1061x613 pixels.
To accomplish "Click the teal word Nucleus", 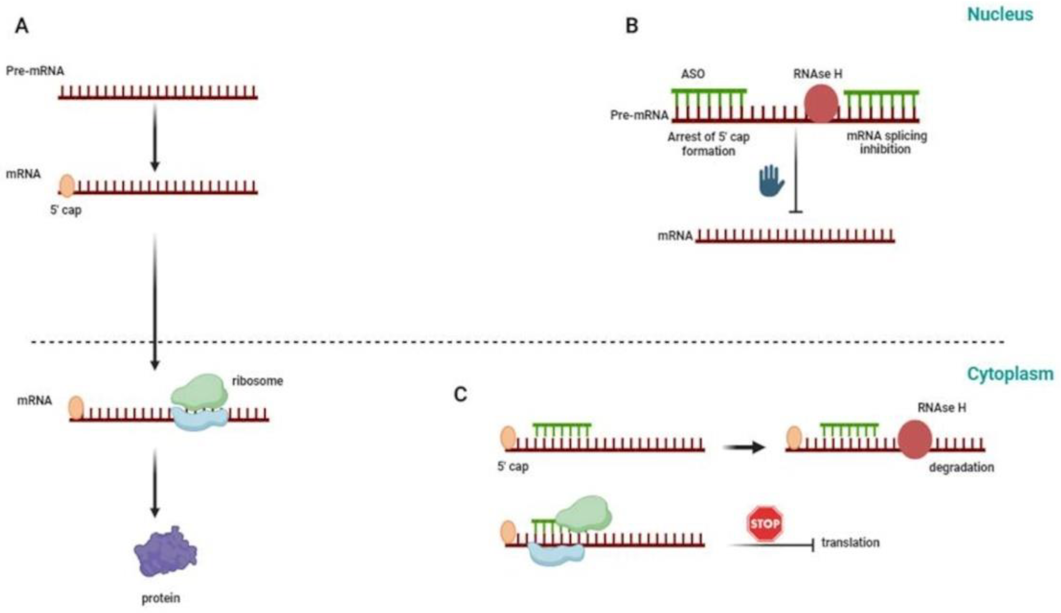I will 999,14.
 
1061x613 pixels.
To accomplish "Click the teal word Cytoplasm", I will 1010,373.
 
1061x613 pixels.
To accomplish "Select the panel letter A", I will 21,26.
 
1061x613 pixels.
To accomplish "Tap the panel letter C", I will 460,394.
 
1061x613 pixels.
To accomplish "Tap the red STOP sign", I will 765,524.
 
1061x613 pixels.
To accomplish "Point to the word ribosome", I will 257,381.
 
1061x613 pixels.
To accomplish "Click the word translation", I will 850,542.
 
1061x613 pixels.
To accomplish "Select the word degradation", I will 961,467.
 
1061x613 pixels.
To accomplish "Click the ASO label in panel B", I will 693,74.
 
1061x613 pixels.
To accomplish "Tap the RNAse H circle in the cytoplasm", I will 914,439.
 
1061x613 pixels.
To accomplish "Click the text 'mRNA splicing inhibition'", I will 886,142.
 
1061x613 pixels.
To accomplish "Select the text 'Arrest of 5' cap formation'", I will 708,143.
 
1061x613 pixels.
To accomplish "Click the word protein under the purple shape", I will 161,598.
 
